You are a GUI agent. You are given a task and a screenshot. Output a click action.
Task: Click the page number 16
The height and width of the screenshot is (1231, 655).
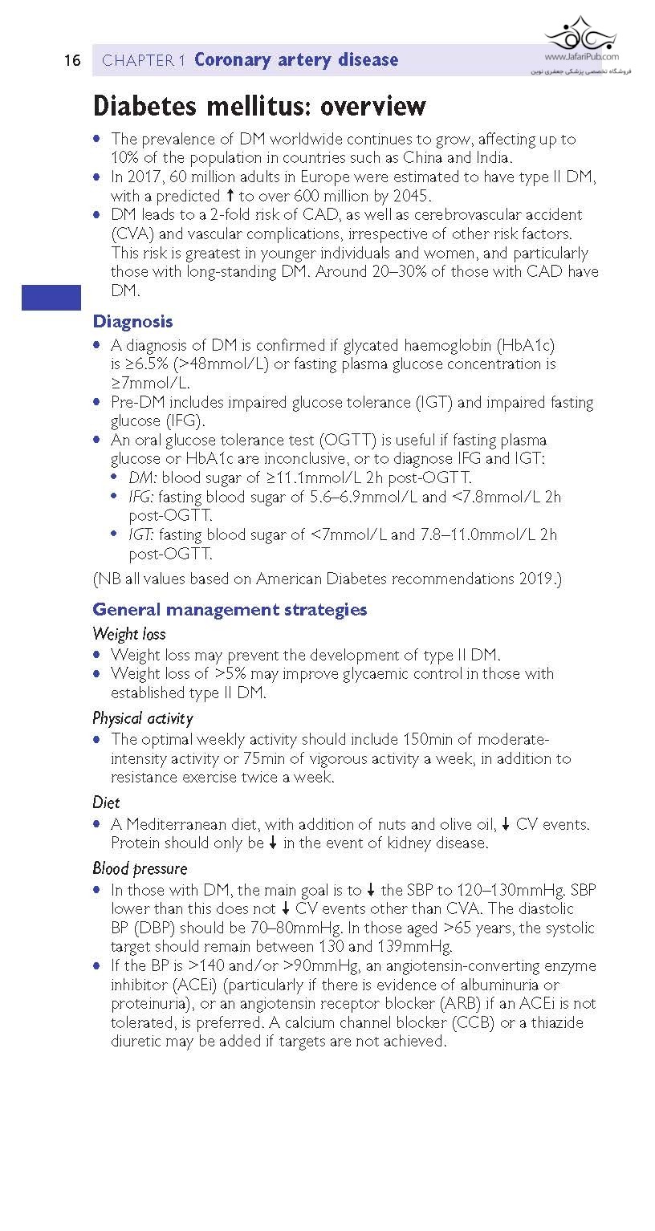click(72, 61)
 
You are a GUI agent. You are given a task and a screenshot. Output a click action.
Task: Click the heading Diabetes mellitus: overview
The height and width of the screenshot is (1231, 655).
click(259, 106)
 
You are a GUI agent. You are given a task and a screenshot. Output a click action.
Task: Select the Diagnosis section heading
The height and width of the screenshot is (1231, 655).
click(132, 322)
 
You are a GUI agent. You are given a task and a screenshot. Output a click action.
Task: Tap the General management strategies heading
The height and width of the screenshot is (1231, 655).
click(230, 610)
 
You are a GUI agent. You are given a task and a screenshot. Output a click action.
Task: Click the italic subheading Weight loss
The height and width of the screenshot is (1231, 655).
click(128, 635)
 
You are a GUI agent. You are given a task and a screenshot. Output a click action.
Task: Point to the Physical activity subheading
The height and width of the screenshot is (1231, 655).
click(142, 718)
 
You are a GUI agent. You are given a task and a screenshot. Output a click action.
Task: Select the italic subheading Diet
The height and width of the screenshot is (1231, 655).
click(106, 802)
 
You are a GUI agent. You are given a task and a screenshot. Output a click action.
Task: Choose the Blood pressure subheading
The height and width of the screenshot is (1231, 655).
click(140, 869)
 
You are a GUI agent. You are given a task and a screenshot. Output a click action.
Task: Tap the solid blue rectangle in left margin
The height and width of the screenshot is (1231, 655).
click(51, 297)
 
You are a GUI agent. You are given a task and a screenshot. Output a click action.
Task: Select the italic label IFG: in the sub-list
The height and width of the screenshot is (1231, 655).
click(141, 497)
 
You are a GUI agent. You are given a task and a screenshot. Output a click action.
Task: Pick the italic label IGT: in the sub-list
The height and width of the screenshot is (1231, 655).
click(141, 535)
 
